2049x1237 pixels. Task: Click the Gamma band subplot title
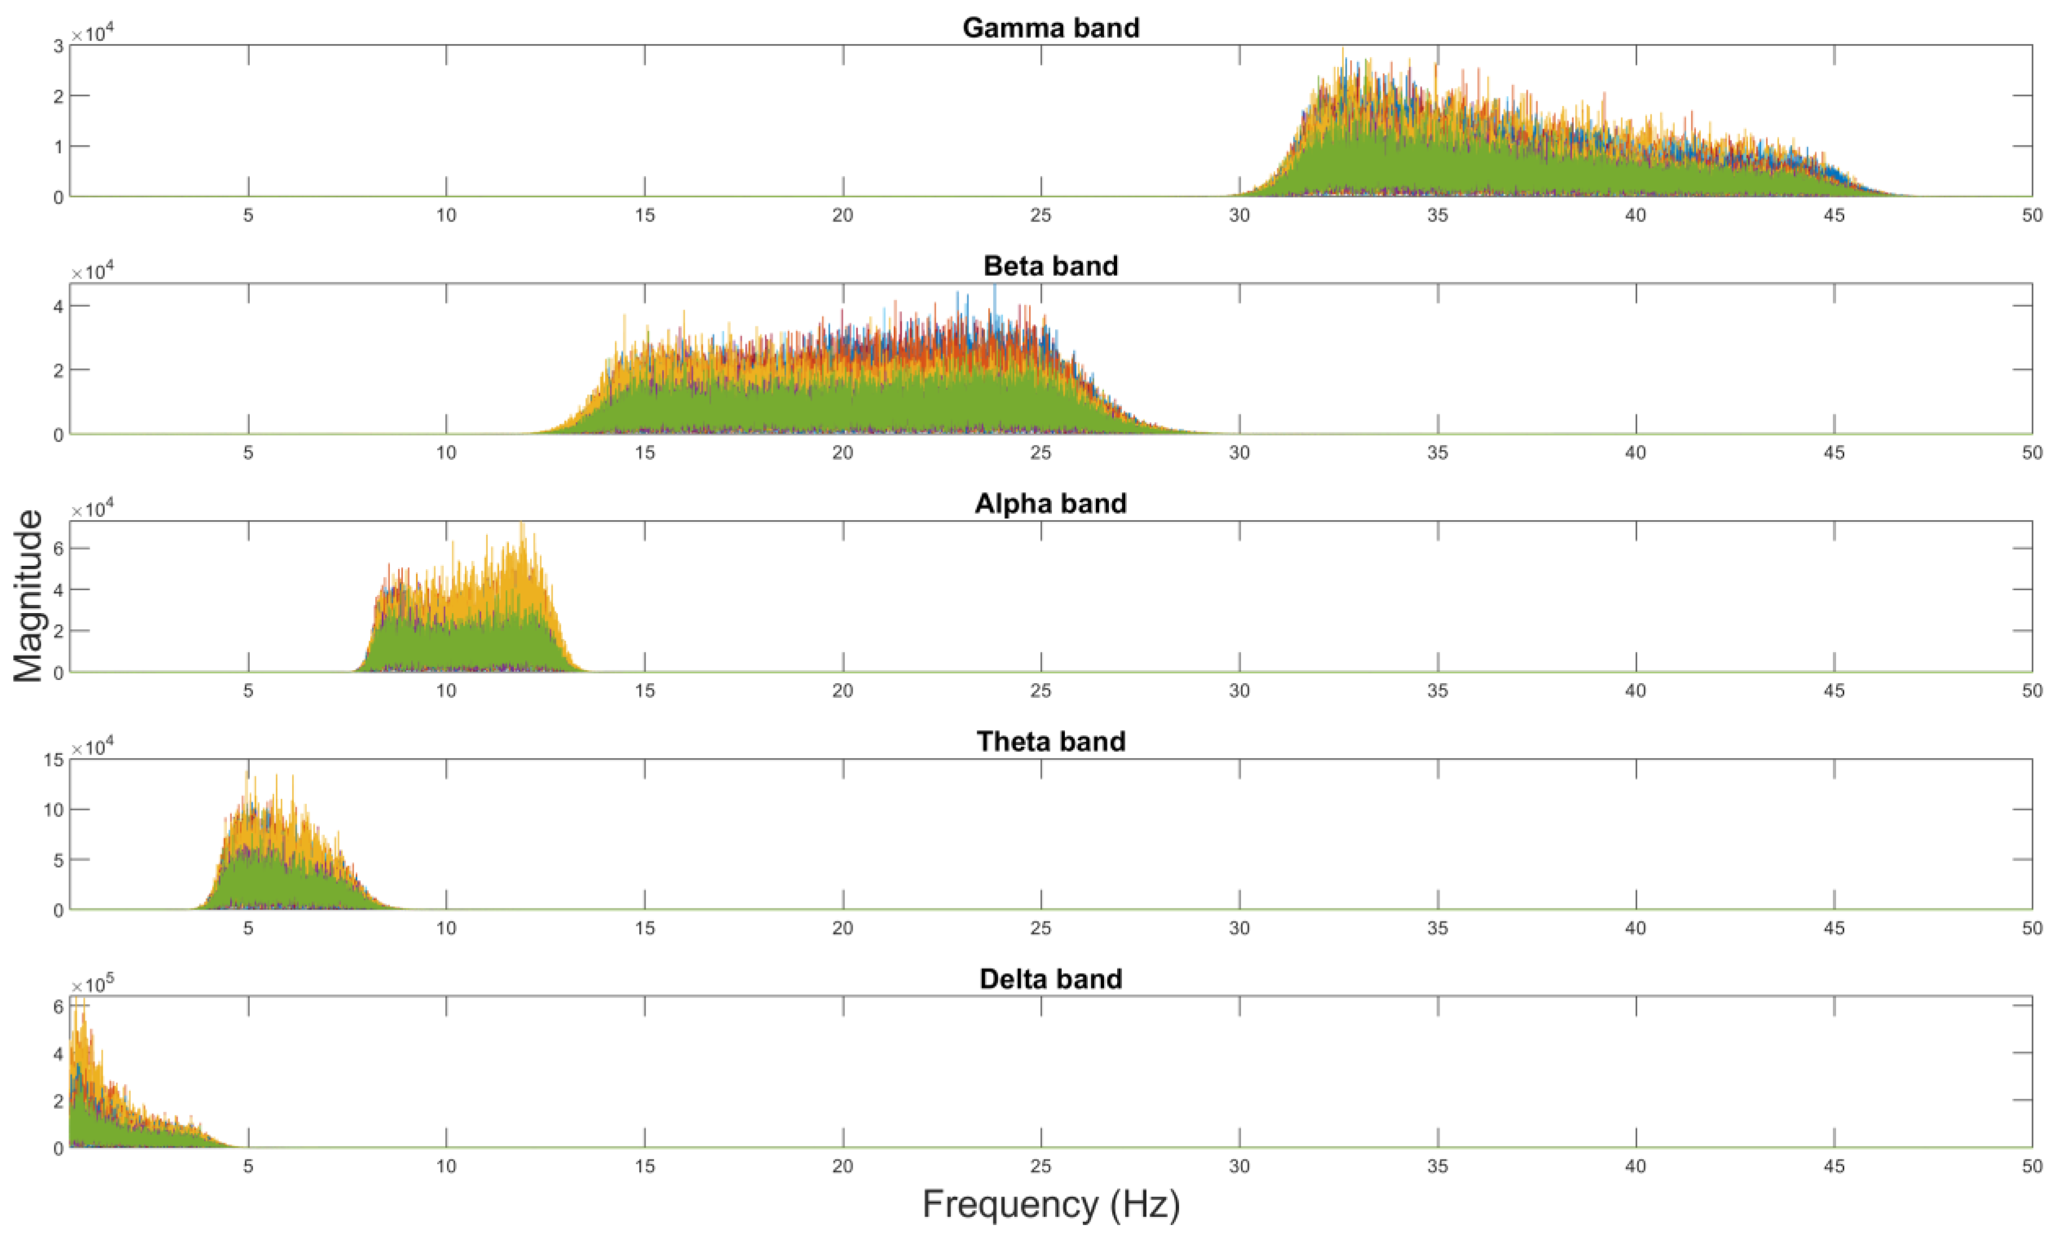tap(1050, 28)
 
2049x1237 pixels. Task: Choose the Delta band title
tap(1050, 979)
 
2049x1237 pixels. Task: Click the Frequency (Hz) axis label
tap(1050, 1204)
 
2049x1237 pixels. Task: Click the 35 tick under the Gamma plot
tap(1437, 216)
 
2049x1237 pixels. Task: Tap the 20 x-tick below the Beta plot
tap(842, 453)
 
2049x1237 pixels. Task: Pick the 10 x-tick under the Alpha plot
tap(446, 691)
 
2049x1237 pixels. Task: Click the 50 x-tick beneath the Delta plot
tap(2032, 1166)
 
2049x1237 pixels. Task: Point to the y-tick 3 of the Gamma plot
tap(58, 46)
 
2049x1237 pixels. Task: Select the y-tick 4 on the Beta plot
tap(58, 306)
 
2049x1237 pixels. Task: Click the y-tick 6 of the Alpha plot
tap(58, 548)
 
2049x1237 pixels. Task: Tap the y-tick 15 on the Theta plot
tap(53, 760)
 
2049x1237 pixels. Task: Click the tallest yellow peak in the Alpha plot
tap(522, 526)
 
